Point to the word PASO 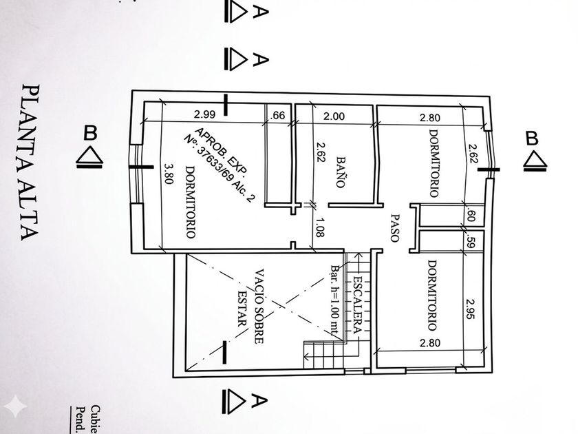coord(395,227)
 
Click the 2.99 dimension coord(205,114)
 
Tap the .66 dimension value coord(278,115)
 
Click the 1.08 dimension coord(319,227)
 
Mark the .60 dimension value coord(471,215)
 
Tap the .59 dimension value coord(471,242)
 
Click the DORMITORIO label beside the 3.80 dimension coord(190,205)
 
